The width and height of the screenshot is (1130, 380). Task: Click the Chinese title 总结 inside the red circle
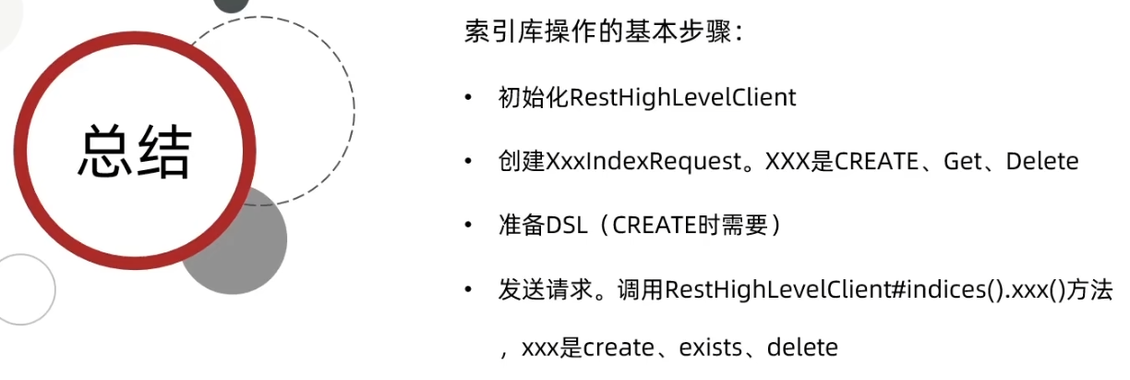pos(135,150)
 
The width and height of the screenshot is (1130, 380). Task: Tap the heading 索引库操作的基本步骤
pos(603,33)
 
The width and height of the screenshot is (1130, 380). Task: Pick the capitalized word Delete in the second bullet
pos(1042,162)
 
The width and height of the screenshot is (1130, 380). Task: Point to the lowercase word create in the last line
pos(615,349)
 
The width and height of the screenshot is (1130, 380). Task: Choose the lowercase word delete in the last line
pos(802,349)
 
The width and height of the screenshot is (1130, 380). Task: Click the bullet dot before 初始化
pos(470,98)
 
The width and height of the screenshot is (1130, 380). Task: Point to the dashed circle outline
pos(354,111)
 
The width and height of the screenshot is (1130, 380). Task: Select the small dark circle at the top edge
pos(231,5)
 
